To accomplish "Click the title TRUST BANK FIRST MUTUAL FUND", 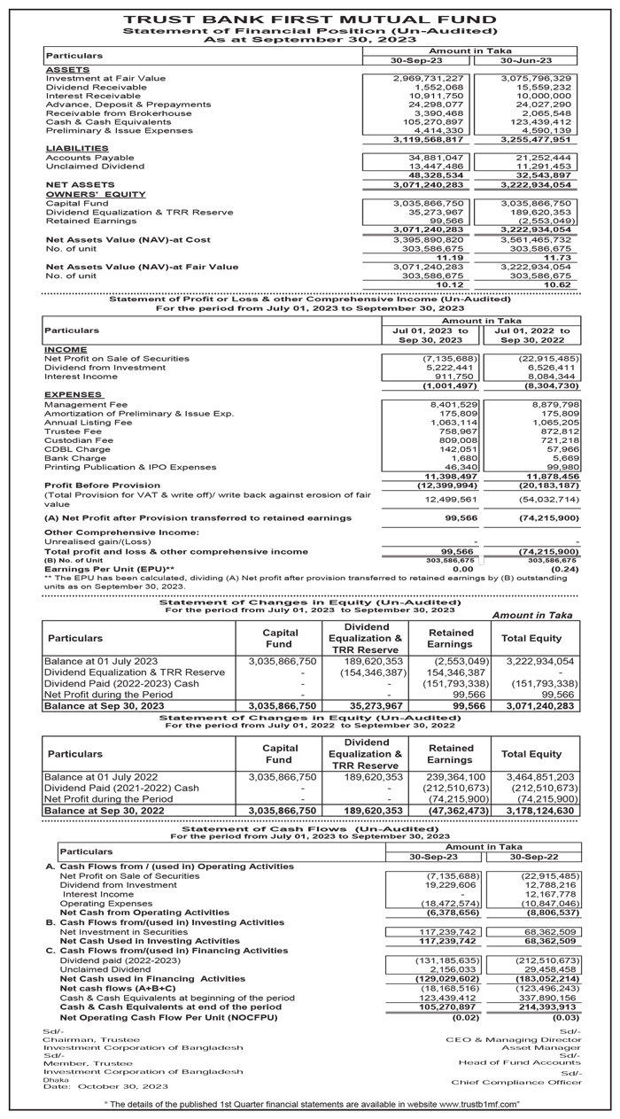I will pos(310,19).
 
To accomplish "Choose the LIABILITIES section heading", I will pos(77,148).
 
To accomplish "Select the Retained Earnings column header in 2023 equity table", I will pos(450,638).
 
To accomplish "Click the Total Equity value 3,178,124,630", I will pos(539,810).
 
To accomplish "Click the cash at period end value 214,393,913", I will pos(545,1006).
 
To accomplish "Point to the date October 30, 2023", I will pos(123,1085).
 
